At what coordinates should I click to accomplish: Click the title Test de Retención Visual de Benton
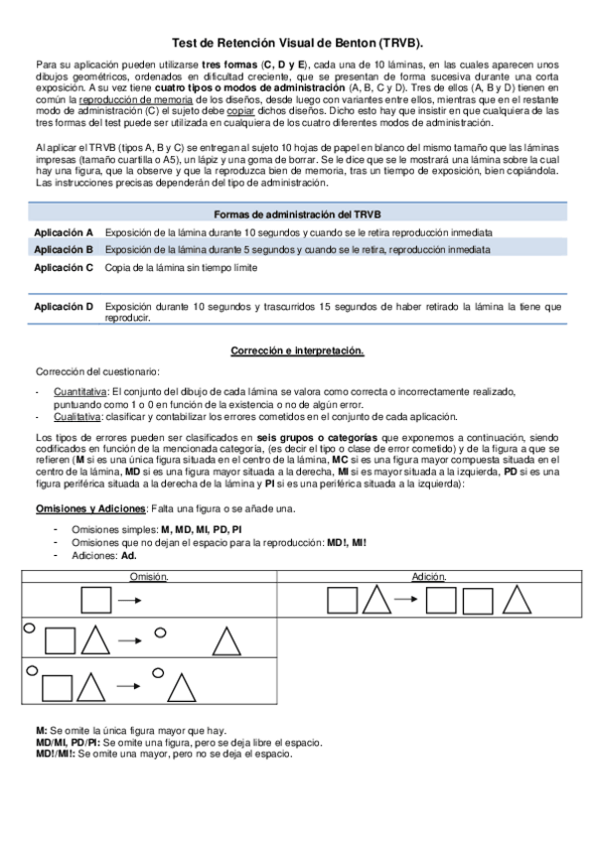pyautogui.click(x=297, y=44)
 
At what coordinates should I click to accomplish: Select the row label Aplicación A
pyautogui.click(x=64, y=231)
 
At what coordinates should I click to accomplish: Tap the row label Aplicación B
pyautogui.click(x=64, y=249)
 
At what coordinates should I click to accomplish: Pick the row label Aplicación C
pyautogui.click(x=64, y=267)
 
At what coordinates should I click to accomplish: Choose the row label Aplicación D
pyautogui.click(x=64, y=307)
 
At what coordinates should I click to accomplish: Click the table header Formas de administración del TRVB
pyautogui.click(x=297, y=214)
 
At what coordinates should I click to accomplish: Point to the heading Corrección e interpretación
pyautogui.click(x=297, y=351)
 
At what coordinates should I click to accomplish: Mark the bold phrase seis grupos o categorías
pyautogui.click(x=303, y=437)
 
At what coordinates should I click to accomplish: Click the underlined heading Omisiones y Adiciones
pyautogui.click(x=87, y=508)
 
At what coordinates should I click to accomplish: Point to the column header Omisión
pyautogui.click(x=149, y=577)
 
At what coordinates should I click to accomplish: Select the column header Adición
pyautogui.click(x=428, y=577)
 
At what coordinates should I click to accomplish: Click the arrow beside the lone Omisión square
pyautogui.click(x=129, y=601)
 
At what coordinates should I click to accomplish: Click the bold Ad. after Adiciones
pyautogui.click(x=128, y=556)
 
